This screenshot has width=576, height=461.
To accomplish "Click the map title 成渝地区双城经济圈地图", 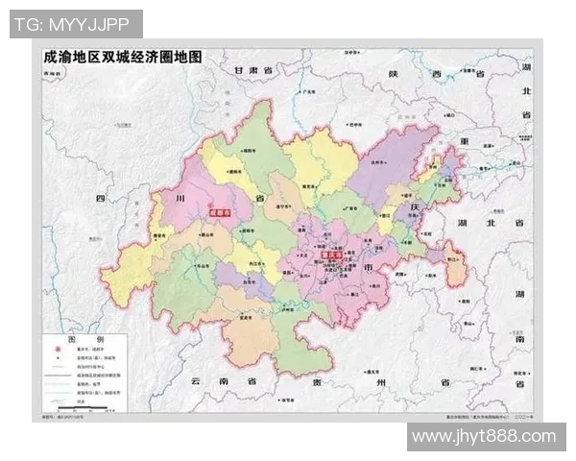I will coord(124,56).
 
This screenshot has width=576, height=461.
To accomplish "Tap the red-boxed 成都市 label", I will coord(223,215).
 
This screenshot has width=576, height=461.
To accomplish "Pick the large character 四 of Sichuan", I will coord(99,199).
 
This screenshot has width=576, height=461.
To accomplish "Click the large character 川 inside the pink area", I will coord(179,199).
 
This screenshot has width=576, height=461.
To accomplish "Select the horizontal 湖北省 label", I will coord(491,223).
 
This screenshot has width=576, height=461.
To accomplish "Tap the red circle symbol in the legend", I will coord(54,353).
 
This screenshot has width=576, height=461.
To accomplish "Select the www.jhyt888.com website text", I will coord(486,437).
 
